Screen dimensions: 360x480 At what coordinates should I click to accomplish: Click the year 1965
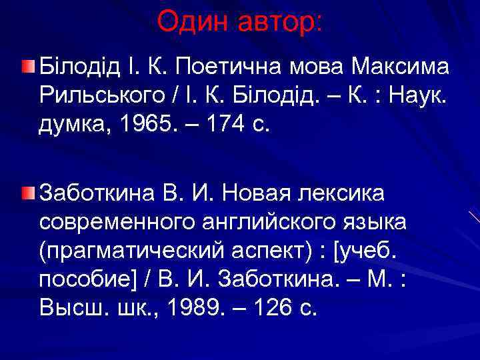click(151, 125)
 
